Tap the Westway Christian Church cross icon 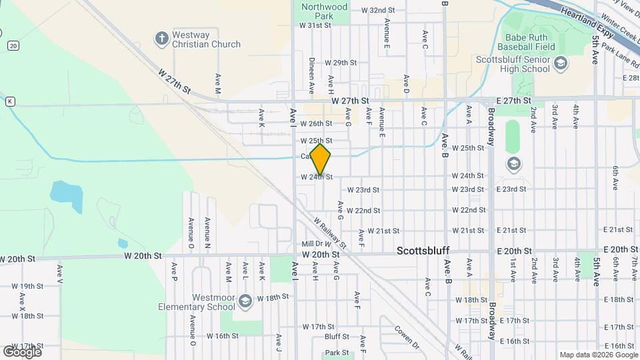coord(161,38)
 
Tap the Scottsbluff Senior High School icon coord(561,63)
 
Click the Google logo coord(22,351)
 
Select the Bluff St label coord(337,337)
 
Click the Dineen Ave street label coord(311,75)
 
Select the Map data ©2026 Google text coord(598,355)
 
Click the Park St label coord(337,353)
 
